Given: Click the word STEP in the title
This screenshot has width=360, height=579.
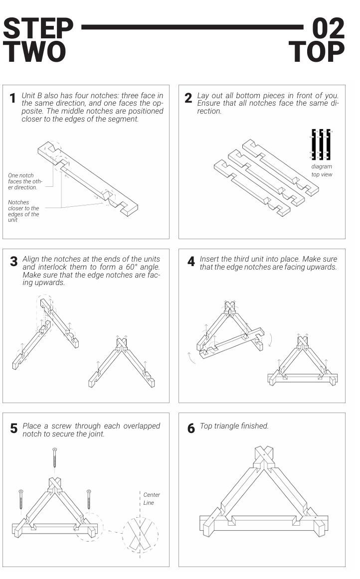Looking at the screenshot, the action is pos(38,28).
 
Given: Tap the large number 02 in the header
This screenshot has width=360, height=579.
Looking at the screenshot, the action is pos(328,28).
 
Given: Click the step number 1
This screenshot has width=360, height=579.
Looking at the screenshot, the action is pos(12,98).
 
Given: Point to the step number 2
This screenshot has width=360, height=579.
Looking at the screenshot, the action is pos(188,98).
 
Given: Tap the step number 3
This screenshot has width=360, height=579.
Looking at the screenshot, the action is pos(13,262).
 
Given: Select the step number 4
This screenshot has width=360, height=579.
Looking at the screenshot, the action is pos(190,262).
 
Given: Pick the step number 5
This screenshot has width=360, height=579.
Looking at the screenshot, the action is pos(13,429).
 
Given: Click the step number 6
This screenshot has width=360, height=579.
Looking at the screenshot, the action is pos(190,429).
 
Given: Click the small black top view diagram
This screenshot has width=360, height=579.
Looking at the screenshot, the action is pos(321,144).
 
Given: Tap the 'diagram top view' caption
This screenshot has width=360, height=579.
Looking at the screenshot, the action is pos(322,170).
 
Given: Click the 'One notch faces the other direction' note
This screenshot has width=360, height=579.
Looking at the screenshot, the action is pos(25,181).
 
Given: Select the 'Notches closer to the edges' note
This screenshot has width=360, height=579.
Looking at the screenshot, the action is pos(23,211).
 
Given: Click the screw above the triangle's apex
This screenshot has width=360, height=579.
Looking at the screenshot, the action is pos(55,457).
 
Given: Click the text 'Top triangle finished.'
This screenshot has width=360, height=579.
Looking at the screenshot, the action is pos(234,426).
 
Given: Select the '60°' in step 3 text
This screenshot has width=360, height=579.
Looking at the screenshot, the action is pos(131,267).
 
